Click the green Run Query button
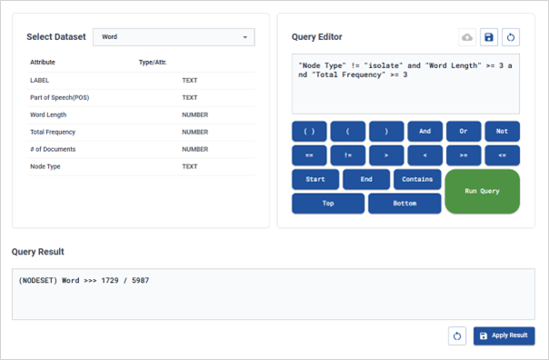pos(482,191)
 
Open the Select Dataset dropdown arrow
pos(245,37)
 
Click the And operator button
pos(424,131)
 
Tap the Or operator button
pos(464,131)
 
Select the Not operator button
pos(502,131)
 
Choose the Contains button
pos(417,179)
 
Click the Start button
pos(315,179)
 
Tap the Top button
pos(328,204)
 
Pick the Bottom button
pos(404,204)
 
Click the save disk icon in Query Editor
pos(489,37)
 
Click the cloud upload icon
pos(467,37)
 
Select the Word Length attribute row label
pos(48,115)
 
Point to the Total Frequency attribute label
pos(53,132)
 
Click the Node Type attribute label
pos(45,166)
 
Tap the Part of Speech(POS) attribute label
pos(59,97)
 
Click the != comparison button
pos(348,155)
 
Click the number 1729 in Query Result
pos(110,280)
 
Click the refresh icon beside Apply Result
pos(457,336)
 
